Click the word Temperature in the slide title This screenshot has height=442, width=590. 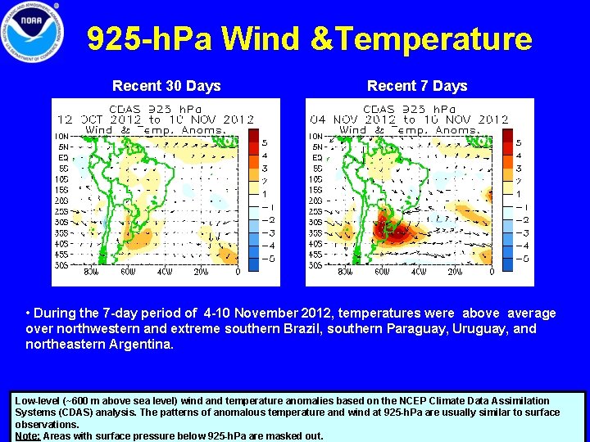[448, 38]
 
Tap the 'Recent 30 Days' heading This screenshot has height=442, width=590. [166, 86]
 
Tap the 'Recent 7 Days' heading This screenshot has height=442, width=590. [417, 86]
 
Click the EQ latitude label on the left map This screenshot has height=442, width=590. [62, 157]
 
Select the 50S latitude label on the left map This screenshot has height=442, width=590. [61, 265]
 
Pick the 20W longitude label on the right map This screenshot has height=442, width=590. [455, 273]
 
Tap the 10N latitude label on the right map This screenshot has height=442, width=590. [315, 136]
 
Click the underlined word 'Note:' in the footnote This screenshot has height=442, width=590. [28, 435]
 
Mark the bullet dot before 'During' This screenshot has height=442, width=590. [29, 313]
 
